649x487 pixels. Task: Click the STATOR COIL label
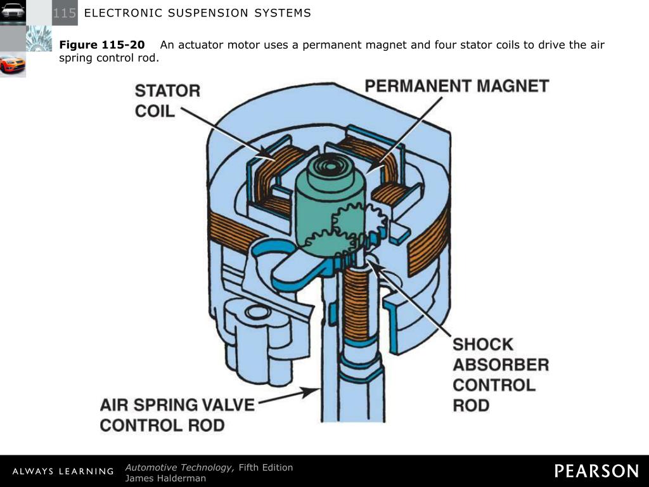click(167, 101)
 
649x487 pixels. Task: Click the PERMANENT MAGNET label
click(456, 86)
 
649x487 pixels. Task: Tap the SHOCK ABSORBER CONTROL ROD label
click(500, 375)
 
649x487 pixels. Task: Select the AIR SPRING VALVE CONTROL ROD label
click(177, 414)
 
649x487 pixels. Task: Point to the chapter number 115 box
click(65, 13)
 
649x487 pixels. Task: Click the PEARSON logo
click(596, 471)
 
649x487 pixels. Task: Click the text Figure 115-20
click(101, 45)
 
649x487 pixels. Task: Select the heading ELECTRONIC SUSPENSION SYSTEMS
click(197, 13)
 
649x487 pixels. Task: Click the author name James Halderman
click(165, 478)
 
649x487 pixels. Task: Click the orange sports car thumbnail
click(13, 65)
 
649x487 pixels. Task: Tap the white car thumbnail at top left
click(13, 11)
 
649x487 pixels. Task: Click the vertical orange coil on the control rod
click(357, 304)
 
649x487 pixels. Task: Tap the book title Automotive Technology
click(179, 467)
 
